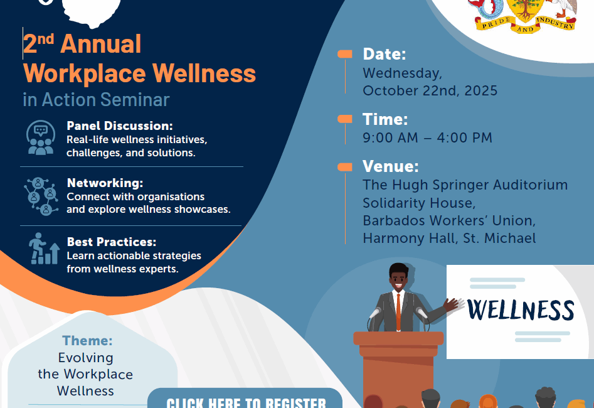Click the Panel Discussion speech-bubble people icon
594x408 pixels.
click(x=41, y=137)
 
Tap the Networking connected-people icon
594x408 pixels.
click(x=41, y=196)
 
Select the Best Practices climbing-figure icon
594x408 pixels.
click(x=44, y=249)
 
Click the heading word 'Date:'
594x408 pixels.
click(x=384, y=54)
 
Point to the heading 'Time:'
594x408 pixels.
click(x=385, y=119)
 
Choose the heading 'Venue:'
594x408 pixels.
click(x=390, y=166)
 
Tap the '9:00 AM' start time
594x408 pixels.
click(x=390, y=137)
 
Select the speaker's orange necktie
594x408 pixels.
click(x=398, y=312)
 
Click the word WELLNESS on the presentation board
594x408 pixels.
click(x=521, y=310)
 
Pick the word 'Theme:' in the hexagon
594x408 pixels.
click(x=87, y=340)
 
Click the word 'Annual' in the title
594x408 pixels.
click(x=101, y=43)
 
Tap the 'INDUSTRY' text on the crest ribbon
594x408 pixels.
click(x=555, y=23)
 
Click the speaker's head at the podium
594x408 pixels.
click(x=398, y=276)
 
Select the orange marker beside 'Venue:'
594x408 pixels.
click(x=345, y=167)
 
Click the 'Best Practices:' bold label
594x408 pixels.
click(x=112, y=242)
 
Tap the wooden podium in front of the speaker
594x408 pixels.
click(x=398, y=368)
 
